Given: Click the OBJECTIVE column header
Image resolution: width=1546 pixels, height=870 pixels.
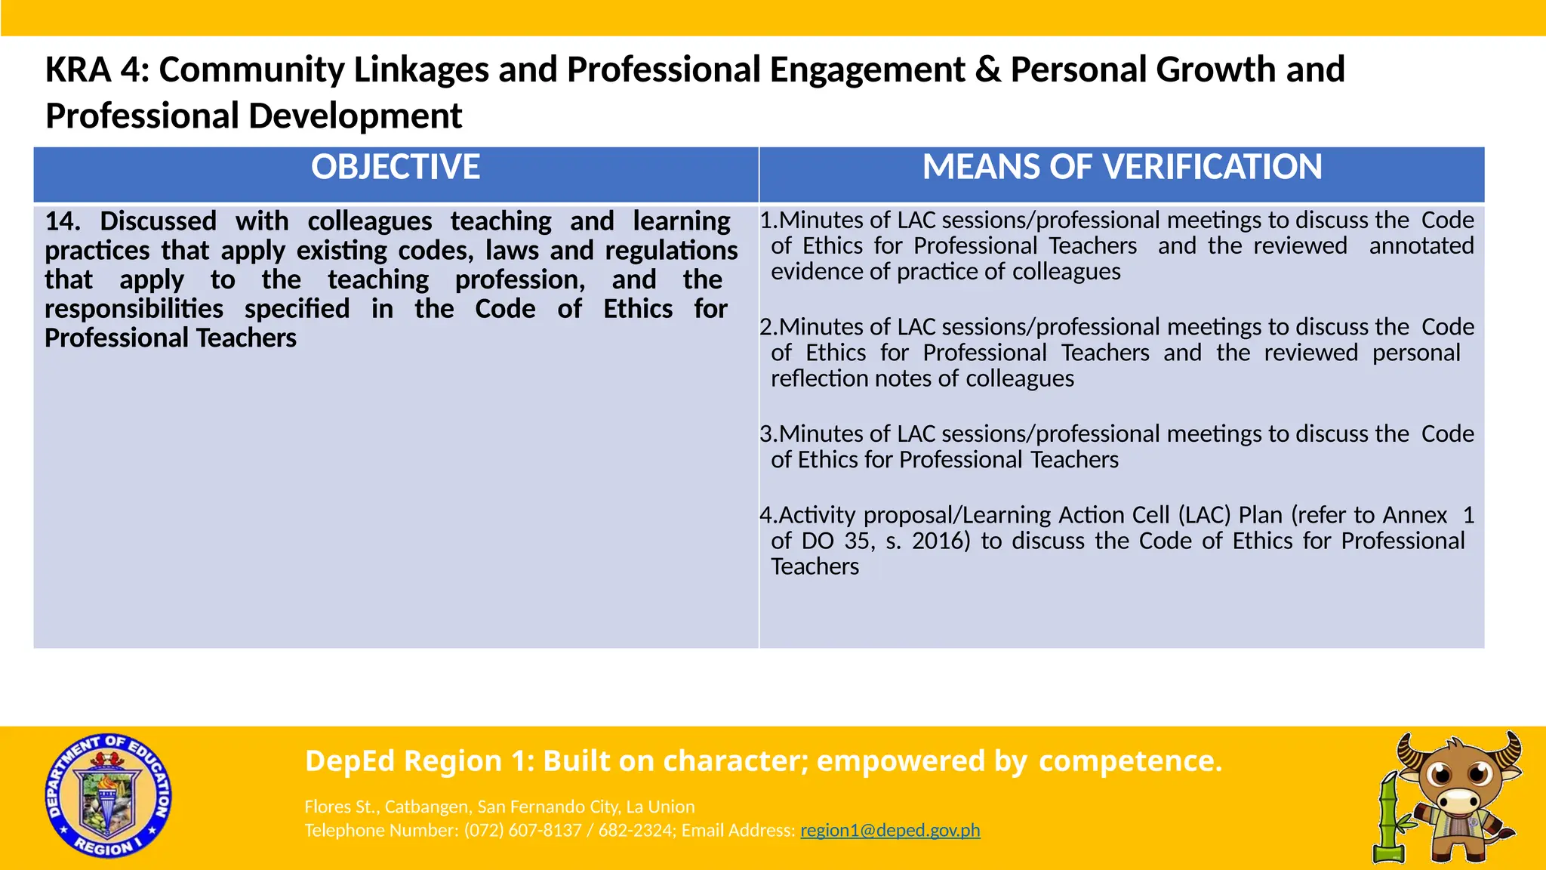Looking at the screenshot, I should (396, 168).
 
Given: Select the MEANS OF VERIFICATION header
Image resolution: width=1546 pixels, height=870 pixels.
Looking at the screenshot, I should (1122, 168).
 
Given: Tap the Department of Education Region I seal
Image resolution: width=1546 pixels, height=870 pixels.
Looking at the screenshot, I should (109, 796).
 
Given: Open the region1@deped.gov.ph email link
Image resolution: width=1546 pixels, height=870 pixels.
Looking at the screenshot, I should (890, 831).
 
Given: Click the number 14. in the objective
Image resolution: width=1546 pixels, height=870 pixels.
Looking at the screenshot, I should (62, 221).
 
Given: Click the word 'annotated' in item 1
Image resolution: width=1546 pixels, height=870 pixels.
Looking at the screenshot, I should (1421, 246).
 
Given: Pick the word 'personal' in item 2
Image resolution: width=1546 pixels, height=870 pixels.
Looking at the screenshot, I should (1416, 353).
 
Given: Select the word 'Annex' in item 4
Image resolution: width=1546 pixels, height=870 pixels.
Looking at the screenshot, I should (1415, 515).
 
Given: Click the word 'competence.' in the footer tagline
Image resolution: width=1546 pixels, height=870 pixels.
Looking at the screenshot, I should (1130, 761).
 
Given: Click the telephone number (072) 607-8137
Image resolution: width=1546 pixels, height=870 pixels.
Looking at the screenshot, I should (523, 831).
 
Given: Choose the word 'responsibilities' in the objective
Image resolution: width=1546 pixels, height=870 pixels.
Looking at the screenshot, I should (134, 309).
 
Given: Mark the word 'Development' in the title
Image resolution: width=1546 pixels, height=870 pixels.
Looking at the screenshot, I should (355, 116).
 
